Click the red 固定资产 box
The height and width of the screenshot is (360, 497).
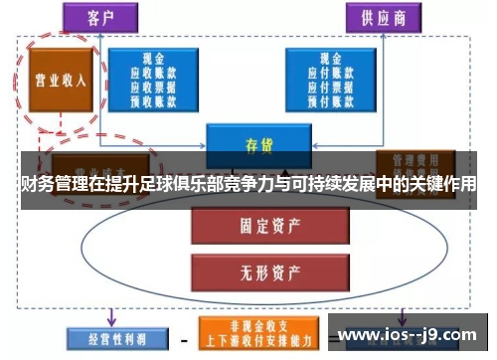click(x=251, y=227)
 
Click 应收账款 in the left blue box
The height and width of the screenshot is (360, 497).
click(x=152, y=74)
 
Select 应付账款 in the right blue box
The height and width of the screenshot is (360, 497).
click(x=329, y=74)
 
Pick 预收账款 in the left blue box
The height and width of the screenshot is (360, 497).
click(x=152, y=99)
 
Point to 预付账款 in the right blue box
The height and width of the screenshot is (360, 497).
click(x=329, y=99)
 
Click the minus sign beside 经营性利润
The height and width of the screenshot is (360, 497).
click(x=181, y=336)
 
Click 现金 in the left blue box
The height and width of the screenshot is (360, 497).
click(x=152, y=60)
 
